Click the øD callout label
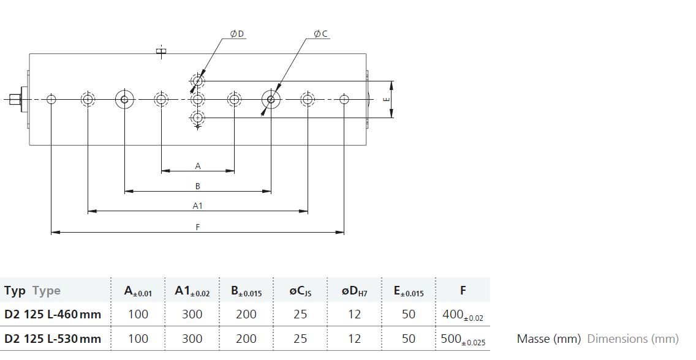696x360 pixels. click(x=237, y=34)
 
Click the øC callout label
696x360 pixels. click(x=320, y=34)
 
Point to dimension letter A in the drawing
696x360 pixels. click(x=198, y=166)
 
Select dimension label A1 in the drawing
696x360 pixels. click(x=197, y=206)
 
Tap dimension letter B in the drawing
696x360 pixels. click(x=198, y=186)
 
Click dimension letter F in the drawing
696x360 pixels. click(x=198, y=227)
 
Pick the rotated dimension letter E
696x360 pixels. click(x=386, y=99)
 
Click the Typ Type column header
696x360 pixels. click(x=32, y=291)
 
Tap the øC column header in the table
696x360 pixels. click(x=300, y=291)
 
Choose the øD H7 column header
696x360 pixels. click(x=354, y=291)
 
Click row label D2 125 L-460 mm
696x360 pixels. click(x=53, y=314)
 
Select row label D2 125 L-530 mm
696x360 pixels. click(x=53, y=339)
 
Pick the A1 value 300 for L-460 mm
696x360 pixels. click(x=192, y=314)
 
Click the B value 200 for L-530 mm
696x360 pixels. click(x=246, y=339)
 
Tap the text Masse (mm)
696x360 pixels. click(x=548, y=339)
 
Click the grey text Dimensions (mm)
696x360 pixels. click(x=633, y=339)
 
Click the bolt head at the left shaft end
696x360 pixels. click(x=15, y=99)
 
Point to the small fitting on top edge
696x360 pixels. click(x=162, y=52)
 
